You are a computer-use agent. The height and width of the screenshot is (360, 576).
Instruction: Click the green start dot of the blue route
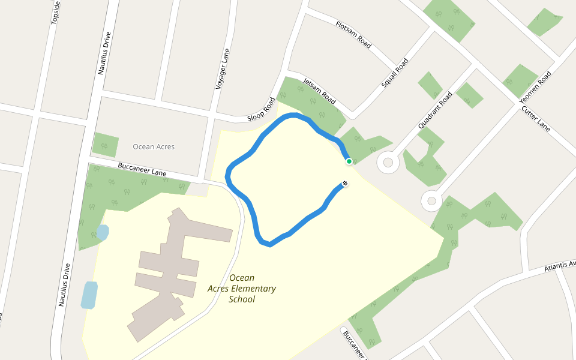coord(349,161)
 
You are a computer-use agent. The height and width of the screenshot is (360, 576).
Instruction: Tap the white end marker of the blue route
coord(345,184)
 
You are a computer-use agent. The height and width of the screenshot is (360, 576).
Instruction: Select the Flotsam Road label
coord(354,35)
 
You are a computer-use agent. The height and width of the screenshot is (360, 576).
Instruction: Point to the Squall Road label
coord(395,73)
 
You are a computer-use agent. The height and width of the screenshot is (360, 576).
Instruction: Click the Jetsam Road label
coord(319,91)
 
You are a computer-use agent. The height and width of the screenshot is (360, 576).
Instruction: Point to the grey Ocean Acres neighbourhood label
coord(154,146)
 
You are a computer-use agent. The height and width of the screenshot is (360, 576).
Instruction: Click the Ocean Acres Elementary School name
coord(242,289)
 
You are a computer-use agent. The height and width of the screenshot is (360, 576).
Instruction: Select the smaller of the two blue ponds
coord(102,232)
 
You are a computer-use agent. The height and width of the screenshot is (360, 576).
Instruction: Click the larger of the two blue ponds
coord(89,295)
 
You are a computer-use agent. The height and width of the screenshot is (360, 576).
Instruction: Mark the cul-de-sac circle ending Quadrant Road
coord(388,162)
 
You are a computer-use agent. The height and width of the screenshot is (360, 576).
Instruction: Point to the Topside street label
coord(56,12)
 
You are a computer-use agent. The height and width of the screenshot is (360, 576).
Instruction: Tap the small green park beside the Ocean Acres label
coord(105,145)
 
